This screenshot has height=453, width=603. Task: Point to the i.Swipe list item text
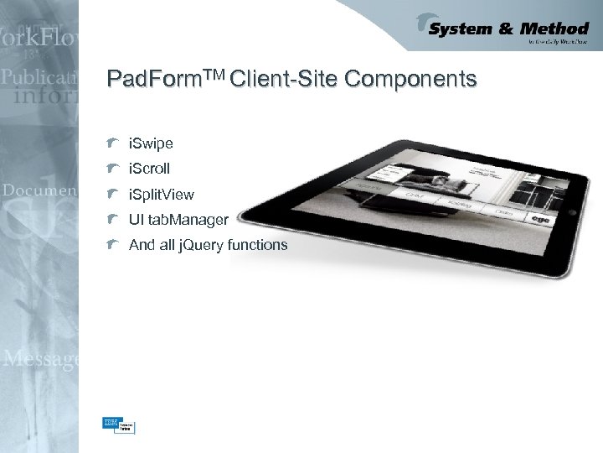click(x=151, y=144)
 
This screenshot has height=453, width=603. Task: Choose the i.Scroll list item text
click(x=149, y=169)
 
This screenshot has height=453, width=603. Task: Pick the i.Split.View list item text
click(x=161, y=195)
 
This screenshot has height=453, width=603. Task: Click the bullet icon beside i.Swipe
click(x=112, y=143)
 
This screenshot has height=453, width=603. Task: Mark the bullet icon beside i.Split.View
click(x=112, y=194)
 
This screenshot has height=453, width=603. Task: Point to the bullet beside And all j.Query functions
click(x=112, y=244)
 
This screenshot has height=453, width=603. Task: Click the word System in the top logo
click(x=461, y=29)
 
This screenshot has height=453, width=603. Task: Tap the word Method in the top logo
click(x=556, y=29)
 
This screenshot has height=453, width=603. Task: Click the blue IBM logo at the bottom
click(x=110, y=424)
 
